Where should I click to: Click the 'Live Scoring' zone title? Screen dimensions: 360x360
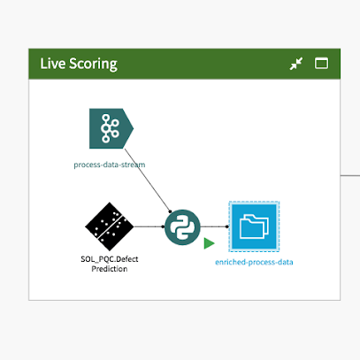tap(79, 64)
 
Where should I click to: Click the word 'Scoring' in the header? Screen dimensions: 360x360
tap(93, 65)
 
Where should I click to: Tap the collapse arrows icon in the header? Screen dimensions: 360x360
tap(296, 64)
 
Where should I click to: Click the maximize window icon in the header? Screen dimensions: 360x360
tap(321, 64)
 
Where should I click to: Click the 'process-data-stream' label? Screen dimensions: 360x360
tap(110, 165)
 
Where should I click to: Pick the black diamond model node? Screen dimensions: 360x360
tap(110, 226)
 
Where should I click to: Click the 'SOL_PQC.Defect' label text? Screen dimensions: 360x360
tap(110, 259)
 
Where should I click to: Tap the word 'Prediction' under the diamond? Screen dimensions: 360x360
tap(110, 269)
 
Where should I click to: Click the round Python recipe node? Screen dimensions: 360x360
tap(182, 227)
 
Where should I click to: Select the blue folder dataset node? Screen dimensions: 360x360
tap(254, 226)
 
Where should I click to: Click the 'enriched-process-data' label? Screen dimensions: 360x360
tap(254, 262)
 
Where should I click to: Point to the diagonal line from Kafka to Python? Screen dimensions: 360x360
tap(148, 180)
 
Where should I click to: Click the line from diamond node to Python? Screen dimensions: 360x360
tap(149, 226)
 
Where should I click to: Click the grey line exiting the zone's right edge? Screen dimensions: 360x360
tap(350, 175)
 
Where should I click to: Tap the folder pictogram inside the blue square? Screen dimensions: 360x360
tap(254, 226)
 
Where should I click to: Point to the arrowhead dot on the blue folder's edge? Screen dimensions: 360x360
tap(226, 226)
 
